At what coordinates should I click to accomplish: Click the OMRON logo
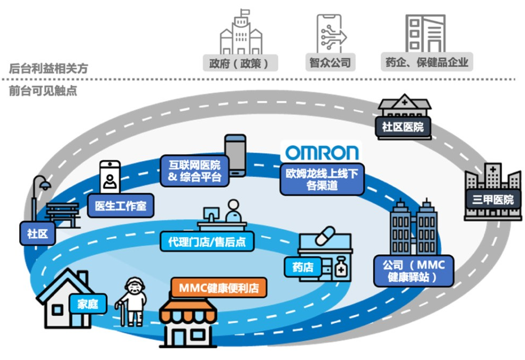(x=321, y=152)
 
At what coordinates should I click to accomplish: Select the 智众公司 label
(x=330, y=62)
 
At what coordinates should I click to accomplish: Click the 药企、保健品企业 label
(x=426, y=62)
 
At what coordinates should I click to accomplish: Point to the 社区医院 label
(x=403, y=127)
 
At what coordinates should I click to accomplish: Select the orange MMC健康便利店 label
(x=219, y=288)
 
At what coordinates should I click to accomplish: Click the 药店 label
(x=303, y=266)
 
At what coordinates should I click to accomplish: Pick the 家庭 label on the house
(x=88, y=304)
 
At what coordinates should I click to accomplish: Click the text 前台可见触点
(x=43, y=91)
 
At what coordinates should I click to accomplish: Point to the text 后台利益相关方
(x=48, y=68)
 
